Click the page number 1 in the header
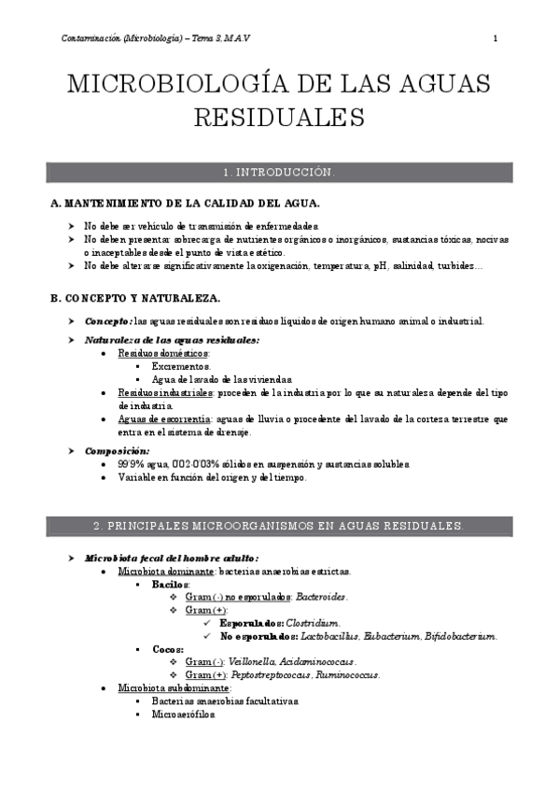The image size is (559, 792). point(495,38)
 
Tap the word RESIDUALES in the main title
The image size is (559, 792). point(279,119)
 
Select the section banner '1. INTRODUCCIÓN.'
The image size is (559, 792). point(279,174)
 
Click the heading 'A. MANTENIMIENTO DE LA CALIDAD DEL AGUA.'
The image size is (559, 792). point(186,204)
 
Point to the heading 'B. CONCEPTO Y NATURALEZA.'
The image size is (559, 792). point(135,298)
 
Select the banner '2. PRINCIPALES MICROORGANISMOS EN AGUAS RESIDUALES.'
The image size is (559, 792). point(279,527)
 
